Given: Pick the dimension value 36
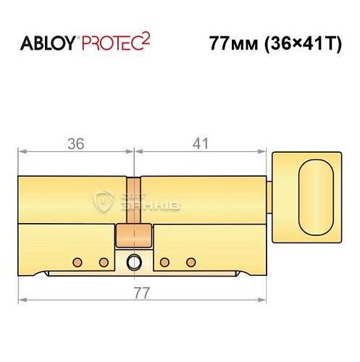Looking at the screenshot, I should pos(75,143).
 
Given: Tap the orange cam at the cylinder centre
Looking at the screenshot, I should pos(134,236).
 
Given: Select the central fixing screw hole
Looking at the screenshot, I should pos(133,261).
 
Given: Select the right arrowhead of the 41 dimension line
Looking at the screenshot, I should pos(263,152).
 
